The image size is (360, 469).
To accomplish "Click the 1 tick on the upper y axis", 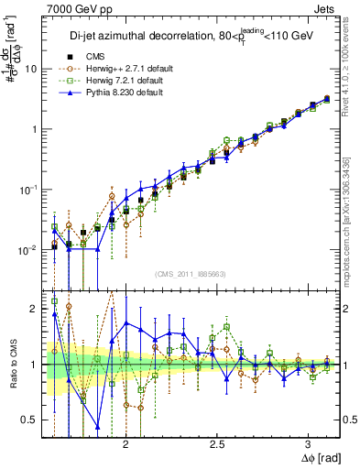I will click(x=36, y=129).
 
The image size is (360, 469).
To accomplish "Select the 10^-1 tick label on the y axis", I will click(x=30, y=189).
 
